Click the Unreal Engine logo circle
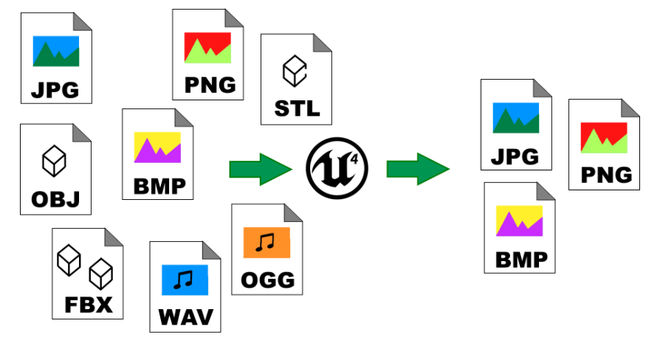(x=337, y=167)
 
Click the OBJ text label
(x=55, y=199)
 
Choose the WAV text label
(x=185, y=318)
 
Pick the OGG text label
(x=267, y=280)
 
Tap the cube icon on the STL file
(x=295, y=71)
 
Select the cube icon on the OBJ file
(x=54, y=161)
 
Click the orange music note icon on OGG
(x=267, y=243)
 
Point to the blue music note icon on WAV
(x=185, y=280)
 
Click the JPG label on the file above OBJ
(x=55, y=91)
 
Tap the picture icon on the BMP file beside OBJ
(x=157, y=148)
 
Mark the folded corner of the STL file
(x=323, y=43)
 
